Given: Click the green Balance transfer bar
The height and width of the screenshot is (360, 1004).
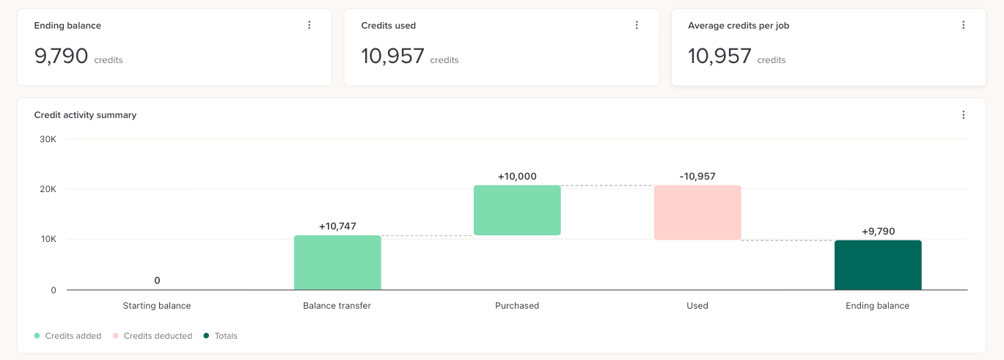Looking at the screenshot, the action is (x=337, y=262).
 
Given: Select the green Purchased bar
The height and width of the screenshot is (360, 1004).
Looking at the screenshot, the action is (x=517, y=210).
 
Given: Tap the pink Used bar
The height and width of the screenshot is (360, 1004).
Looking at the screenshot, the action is (x=697, y=213).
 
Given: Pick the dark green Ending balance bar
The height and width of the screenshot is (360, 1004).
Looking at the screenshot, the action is (x=878, y=265).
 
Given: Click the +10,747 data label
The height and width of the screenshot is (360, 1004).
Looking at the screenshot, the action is (x=337, y=227).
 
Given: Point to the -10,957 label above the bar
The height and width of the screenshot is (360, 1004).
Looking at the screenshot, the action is (x=697, y=177).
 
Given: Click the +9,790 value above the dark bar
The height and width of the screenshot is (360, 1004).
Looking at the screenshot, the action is (x=878, y=232).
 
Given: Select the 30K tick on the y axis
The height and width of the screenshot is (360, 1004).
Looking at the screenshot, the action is (x=48, y=139).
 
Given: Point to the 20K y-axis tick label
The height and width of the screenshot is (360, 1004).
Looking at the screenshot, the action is (x=48, y=189).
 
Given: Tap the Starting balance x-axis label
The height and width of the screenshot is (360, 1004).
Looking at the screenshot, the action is (x=157, y=306).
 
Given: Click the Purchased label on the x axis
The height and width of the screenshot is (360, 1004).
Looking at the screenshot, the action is (x=517, y=306).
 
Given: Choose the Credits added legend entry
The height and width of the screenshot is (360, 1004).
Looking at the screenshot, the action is (x=67, y=336).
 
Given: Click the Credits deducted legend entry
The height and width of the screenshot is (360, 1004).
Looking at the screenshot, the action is (x=153, y=336).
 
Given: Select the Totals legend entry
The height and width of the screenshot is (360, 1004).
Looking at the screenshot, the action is (x=221, y=336).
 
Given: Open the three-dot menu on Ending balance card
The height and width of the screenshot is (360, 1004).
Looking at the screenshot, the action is (x=309, y=25).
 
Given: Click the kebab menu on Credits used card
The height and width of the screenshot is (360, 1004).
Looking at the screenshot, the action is (x=637, y=25).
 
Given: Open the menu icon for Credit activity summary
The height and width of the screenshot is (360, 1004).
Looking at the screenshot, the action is (x=963, y=115).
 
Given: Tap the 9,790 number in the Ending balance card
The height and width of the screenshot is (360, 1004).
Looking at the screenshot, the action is (x=61, y=56).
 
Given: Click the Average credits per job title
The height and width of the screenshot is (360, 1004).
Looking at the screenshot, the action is (x=739, y=26).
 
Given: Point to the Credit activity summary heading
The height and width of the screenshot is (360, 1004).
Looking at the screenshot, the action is (x=85, y=115).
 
